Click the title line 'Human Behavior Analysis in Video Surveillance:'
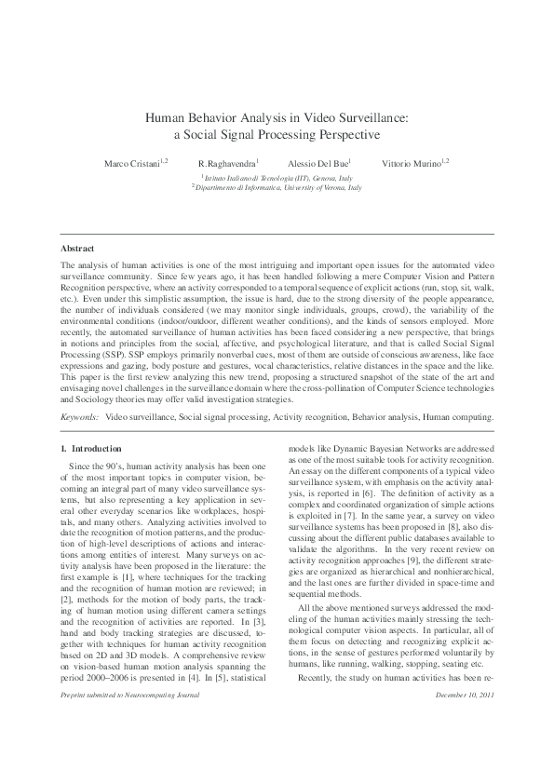tap(277, 118)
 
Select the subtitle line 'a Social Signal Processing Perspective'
tap(277, 134)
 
